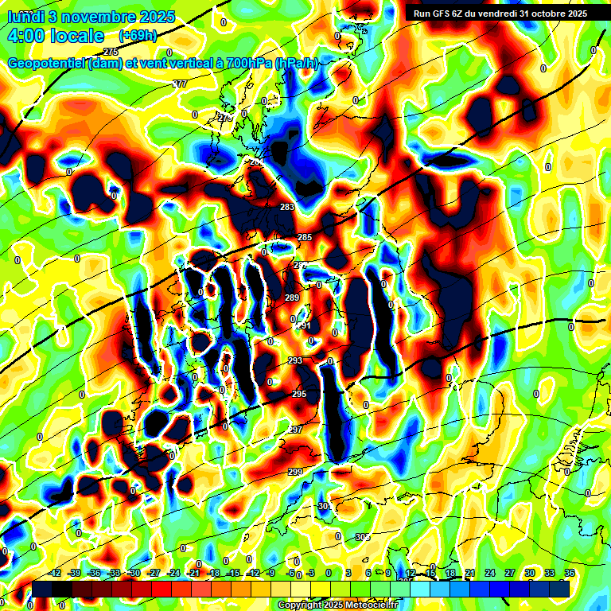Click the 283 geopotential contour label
(x=287, y=207)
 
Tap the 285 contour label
(x=305, y=237)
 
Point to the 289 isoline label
(x=292, y=298)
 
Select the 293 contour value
(x=295, y=360)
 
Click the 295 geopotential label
(x=299, y=394)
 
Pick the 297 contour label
(x=295, y=430)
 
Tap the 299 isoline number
(x=295, y=472)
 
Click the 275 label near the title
(x=111, y=52)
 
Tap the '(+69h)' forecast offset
(x=138, y=36)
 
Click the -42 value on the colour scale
(x=55, y=572)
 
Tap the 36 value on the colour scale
(x=570, y=572)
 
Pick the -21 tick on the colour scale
(x=193, y=572)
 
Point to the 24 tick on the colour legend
(x=490, y=572)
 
